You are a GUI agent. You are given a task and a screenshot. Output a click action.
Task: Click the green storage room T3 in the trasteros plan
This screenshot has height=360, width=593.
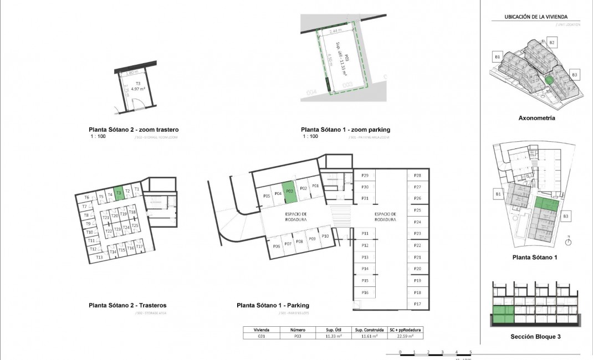[119, 193]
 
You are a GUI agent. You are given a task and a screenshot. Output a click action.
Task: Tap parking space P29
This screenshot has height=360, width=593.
[365, 176]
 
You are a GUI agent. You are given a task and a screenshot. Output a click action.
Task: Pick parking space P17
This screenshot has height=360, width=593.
[418, 304]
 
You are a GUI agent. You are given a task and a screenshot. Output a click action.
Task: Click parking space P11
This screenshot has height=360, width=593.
[365, 234]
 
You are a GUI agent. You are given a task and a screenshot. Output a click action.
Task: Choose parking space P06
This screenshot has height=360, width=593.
[276, 246]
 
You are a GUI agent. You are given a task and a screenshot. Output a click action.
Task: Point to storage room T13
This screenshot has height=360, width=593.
[99, 257]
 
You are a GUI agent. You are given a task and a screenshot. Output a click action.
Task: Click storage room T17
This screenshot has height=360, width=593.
[140, 247]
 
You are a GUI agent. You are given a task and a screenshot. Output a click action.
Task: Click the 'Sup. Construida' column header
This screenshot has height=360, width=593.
[366, 329]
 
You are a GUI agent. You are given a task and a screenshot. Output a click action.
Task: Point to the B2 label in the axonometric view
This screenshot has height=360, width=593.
[552, 43]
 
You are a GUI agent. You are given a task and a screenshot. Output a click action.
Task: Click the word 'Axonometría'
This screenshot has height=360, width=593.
[536, 118]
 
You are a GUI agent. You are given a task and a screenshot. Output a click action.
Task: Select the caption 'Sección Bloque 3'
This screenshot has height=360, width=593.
[536, 336]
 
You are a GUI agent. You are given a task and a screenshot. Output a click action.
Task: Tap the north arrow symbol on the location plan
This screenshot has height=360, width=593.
[569, 241]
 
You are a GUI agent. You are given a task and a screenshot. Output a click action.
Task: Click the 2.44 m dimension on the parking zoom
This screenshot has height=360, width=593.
[335, 32]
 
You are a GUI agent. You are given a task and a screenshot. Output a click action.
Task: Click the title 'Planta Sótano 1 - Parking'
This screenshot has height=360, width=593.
[273, 305]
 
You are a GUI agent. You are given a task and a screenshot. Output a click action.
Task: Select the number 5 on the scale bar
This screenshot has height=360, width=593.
[470, 352]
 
